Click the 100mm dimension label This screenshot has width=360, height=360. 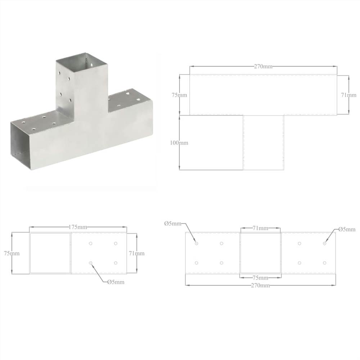click(179, 143)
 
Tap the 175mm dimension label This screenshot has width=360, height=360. click(78, 227)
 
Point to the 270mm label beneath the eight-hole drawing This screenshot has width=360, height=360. click(260, 285)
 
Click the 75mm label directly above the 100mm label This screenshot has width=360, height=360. click(179, 95)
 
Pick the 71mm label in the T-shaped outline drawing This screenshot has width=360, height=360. click(349, 95)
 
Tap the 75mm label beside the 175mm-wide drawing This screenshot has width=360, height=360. click(12, 253)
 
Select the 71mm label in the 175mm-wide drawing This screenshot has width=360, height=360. click(136, 253)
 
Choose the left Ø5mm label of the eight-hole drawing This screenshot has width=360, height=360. click(172, 224)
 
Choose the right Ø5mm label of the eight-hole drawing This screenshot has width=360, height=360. click(347, 229)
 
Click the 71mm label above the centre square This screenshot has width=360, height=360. click(260, 228)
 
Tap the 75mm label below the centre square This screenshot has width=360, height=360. click(260, 278)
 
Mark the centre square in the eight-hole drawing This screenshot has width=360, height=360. click(260, 253)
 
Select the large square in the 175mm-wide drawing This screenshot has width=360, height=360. click(50, 253)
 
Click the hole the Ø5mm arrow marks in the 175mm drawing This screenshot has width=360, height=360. click(91, 263)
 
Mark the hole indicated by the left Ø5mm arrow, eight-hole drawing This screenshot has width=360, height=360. click(197, 243)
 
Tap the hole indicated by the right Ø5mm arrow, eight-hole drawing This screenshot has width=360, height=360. click(324, 243)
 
